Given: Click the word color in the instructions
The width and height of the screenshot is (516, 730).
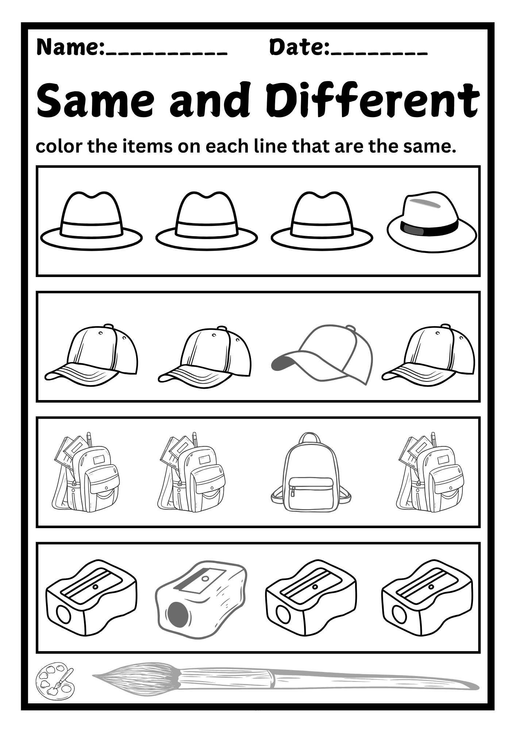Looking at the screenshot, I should pyautogui.click(x=58, y=146).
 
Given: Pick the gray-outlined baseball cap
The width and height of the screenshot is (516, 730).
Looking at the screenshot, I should pyautogui.click(x=323, y=354).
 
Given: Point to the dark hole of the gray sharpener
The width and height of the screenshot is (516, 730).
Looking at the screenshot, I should pyautogui.click(x=178, y=614).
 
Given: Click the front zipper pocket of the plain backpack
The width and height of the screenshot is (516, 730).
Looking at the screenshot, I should pyautogui.click(x=311, y=489).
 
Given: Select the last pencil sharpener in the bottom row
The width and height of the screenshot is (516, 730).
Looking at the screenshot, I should pyautogui.click(x=427, y=598).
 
